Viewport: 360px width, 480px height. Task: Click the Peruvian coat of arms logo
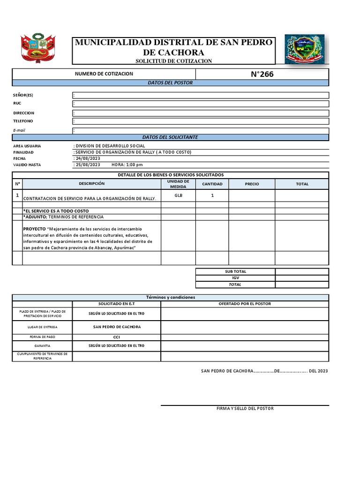point(38,48)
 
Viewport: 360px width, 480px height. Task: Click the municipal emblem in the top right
point(304,49)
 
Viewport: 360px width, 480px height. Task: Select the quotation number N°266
point(262,74)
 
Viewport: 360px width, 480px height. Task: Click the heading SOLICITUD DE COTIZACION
point(173,61)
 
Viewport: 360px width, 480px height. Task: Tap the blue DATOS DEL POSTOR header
point(170,83)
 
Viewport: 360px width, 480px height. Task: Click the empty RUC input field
point(201,104)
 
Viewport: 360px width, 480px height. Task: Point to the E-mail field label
point(19,130)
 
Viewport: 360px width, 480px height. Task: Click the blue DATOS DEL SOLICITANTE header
point(170,137)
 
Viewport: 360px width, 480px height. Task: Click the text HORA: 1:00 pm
point(127,165)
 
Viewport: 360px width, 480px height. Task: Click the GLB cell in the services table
point(178,195)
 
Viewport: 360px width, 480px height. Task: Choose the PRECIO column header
point(252,184)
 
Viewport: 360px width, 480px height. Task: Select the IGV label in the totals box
point(235,278)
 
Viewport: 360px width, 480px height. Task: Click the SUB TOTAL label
point(235,271)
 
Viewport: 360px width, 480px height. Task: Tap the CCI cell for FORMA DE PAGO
point(117,337)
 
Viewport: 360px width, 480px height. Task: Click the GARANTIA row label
point(42,346)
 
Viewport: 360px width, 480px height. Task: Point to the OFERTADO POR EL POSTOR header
point(245,304)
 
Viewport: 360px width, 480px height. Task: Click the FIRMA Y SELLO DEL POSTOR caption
point(245,408)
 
